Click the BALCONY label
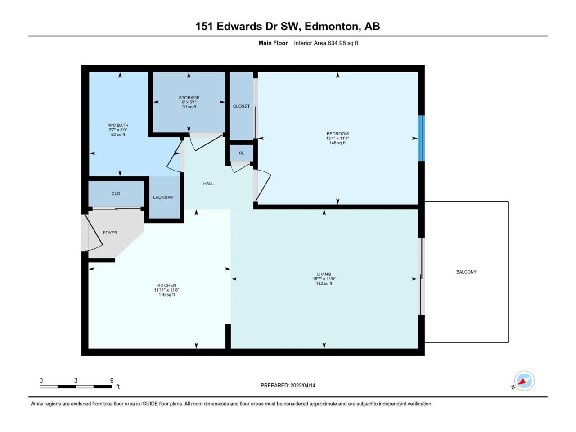(466, 272)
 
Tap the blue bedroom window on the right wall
(421, 138)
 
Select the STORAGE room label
(189, 98)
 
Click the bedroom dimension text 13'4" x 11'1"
(337, 138)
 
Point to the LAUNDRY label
(163, 198)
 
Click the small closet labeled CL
(242, 153)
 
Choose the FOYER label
(110, 233)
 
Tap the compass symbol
(524, 381)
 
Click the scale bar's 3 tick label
(76, 381)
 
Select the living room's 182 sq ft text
(324, 283)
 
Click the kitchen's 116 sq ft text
(166, 295)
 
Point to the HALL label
(208, 184)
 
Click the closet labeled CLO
(116, 193)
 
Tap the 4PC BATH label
(118, 126)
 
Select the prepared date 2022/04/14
(303, 385)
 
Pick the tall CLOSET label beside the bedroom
(241, 106)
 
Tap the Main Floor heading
(273, 43)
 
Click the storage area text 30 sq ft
(189, 107)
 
